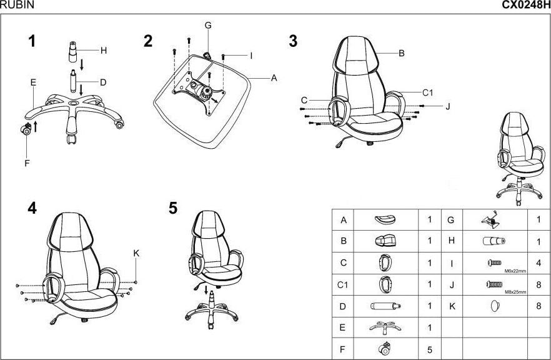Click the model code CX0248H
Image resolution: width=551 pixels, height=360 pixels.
point(526,5)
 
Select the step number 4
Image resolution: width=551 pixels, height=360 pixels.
point(32,209)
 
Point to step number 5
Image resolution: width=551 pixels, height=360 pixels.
point(173,209)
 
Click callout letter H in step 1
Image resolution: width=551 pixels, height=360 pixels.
point(104,50)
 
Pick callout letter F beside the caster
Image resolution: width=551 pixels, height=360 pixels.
point(27,163)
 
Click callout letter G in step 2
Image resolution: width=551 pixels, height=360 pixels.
point(208,26)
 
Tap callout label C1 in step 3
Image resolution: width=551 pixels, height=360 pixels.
point(427,92)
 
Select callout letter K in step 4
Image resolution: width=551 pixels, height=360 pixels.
point(137,253)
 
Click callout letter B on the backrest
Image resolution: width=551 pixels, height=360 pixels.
point(402,53)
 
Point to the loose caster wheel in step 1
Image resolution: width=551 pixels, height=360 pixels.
point(27,130)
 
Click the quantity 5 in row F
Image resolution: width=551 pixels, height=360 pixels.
point(430,349)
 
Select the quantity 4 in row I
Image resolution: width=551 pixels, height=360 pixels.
point(539,263)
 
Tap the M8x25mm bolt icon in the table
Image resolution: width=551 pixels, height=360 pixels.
point(494,284)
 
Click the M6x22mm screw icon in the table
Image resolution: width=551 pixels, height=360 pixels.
point(493,262)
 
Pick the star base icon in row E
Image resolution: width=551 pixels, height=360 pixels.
point(384,327)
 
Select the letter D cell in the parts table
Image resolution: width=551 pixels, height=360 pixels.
point(342,306)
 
